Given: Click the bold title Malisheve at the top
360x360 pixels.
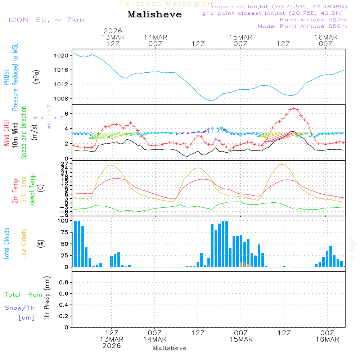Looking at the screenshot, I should coord(154,15).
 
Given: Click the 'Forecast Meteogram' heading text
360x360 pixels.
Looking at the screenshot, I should coord(168,4).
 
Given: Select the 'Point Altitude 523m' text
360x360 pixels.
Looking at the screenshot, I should coord(313,20).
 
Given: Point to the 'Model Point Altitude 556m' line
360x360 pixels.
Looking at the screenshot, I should coord(302,26).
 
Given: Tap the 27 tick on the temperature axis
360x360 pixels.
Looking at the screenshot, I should coord(65,164).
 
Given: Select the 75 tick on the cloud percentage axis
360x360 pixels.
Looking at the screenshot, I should coord(64,232).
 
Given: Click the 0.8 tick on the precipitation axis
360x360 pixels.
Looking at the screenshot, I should coord(63,283).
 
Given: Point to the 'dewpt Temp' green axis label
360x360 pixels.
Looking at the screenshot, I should coord(32,190).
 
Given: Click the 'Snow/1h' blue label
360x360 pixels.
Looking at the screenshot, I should coord(20,308).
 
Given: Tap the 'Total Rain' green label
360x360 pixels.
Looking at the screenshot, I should coord(24,295).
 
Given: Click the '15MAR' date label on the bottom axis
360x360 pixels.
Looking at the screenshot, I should coord(241,339).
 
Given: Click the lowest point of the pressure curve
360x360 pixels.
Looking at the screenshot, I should coord(212,100).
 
